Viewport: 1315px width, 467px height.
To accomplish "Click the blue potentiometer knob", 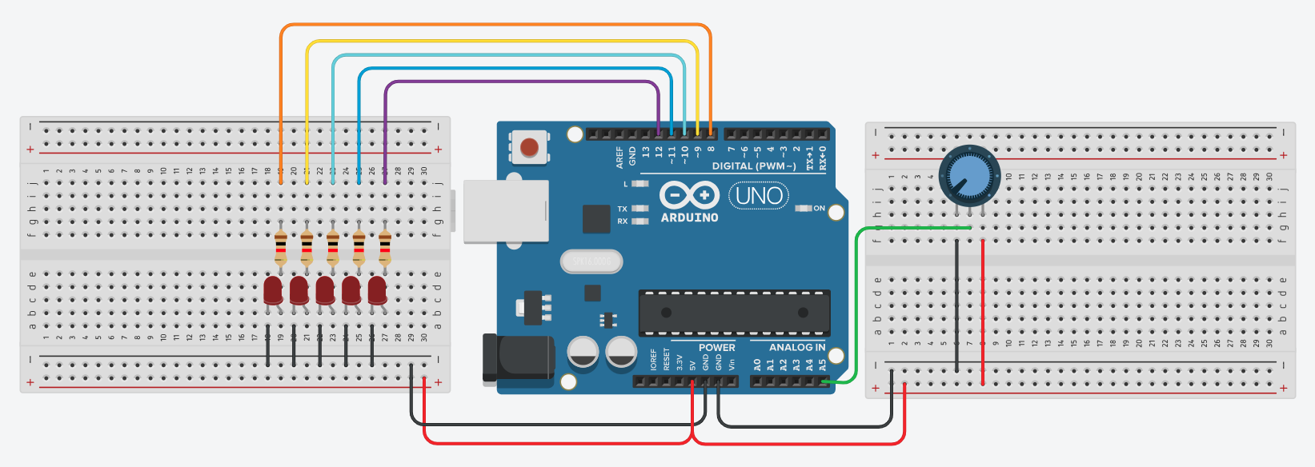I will click(x=968, y=176).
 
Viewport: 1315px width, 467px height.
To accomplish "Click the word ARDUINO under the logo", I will click(x=689, y=218).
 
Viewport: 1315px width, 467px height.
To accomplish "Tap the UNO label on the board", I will click(x=759, y=196).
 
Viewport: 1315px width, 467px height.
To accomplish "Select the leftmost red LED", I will click(x=273, y=290).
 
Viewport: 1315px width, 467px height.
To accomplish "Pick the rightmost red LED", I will click(x=377, y=290).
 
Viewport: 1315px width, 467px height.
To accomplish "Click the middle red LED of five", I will click(x=325, y=290).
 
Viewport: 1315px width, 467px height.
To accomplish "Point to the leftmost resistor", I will click(x=280, y=248).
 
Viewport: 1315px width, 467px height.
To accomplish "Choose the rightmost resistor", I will click(x=385, y=248).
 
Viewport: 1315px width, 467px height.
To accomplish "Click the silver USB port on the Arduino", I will click(x=506, y=210).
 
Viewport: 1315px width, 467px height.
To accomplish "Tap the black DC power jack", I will click(x=519, y=357).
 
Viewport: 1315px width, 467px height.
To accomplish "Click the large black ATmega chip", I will click(x=734, y=313).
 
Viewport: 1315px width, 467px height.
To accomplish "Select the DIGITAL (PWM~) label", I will click(x=754, y=166).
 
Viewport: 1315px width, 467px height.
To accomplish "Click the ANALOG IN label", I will click(x=796, y=348).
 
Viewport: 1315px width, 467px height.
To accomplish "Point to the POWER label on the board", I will click(x=716, y=348).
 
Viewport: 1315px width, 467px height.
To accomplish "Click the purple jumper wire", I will click(x=520, y=82).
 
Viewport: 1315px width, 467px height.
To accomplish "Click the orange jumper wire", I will click(x=496, y=25).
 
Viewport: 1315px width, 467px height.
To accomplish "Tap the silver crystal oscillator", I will click(x=591, y=261).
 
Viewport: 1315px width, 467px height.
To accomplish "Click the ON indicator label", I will click(x=819, y=209).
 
